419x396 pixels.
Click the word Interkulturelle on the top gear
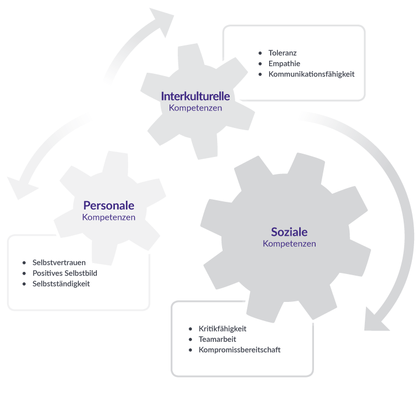pos(195,96)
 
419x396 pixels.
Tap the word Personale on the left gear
pos(109,206)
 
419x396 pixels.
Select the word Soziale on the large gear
pos(289,232)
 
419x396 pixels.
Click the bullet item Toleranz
pos(282,53)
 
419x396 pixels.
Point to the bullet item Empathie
pos(284,63)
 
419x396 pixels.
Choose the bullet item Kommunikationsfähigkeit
pos(311,74)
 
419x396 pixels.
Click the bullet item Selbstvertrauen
pos(59,263)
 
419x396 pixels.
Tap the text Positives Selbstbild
pos(65,273)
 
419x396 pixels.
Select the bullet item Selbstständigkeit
pos(61,284)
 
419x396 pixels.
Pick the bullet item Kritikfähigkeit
pos(222,329)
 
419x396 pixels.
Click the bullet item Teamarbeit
pos(217,339)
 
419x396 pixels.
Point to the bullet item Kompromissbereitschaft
pos(240,350)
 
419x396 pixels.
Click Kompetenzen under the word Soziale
pos(289,244)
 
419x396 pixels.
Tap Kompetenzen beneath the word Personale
pos(109,217)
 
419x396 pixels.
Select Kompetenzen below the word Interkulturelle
pos(195,108)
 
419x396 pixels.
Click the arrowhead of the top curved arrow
pos(163,20)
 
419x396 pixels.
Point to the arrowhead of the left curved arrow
pos(20,187)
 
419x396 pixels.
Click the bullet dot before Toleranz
pos(260,53)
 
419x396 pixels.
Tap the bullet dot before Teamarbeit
pos(190,339)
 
